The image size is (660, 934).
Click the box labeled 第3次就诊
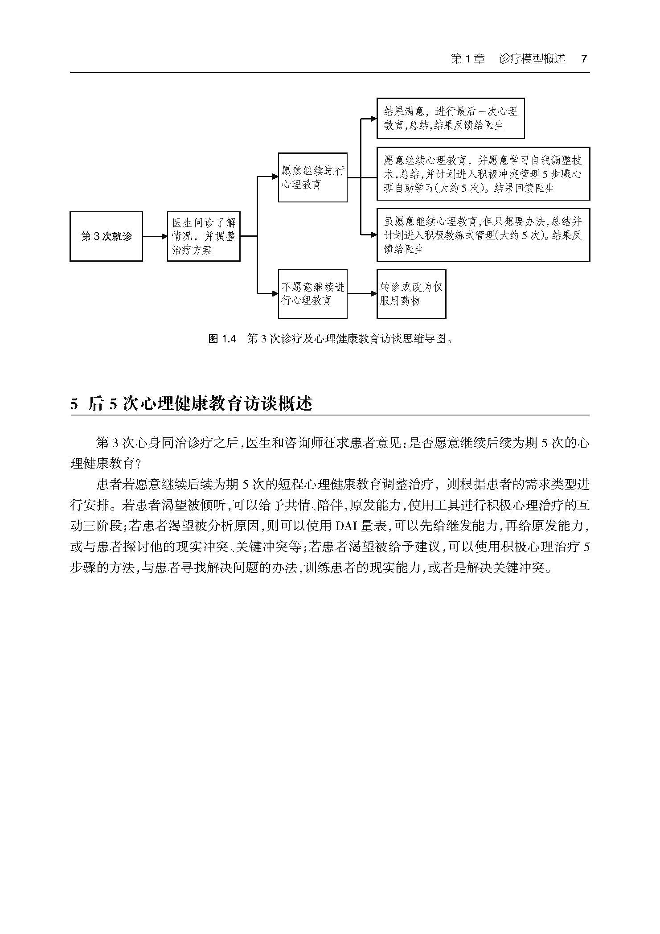pos(106,236)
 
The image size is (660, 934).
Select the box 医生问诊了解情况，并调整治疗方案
pos(204,236)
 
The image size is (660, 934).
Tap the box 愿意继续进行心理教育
pos(312,177)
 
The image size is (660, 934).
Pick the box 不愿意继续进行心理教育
pos(312,293)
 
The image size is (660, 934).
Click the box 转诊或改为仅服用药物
pos(411,293)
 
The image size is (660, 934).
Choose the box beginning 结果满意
pos(450,118)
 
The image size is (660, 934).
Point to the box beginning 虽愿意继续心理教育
pos(483,235)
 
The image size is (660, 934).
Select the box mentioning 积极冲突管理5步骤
pos(483,174)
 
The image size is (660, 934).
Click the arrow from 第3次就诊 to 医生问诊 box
pos(155,236)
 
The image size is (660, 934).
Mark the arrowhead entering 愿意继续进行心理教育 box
pos(275,177)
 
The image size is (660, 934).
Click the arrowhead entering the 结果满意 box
pos(373,119)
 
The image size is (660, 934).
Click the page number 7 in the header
pos(584,59)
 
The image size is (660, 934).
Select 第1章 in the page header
pos(467,59)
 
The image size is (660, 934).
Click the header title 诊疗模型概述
pos(532,59)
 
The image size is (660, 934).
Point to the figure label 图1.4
pos(221,339)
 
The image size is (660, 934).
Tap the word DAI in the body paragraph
pos(346,526)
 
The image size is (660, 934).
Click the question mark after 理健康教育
pos(138,464)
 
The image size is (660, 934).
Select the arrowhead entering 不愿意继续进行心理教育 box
pos(275,293)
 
